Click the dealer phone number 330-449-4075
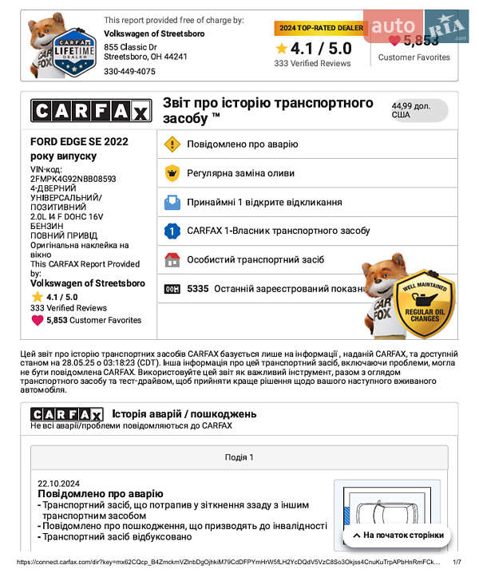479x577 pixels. pos(129,71)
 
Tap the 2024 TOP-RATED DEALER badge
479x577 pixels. pos(319,28)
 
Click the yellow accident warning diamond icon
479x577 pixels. pos(172,144)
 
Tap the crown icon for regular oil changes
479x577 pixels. pos(172,173)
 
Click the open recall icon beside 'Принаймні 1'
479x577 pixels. pos(172,202)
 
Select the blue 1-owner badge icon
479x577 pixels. pos(172,231)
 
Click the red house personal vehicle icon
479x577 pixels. pos(172,259)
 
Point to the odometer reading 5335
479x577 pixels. pos(197,289)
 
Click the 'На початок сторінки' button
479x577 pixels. pos(397,535)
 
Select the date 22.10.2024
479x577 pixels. pos(59,483)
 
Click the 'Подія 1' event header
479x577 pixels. pos(239,457)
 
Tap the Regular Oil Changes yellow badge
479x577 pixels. pos(425,305)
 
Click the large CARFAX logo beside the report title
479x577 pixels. pos(90,111)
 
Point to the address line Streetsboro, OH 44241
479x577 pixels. pos(146,57)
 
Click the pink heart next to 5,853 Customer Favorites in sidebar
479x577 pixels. pos(38,320)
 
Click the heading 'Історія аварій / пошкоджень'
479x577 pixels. pos(184,413)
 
